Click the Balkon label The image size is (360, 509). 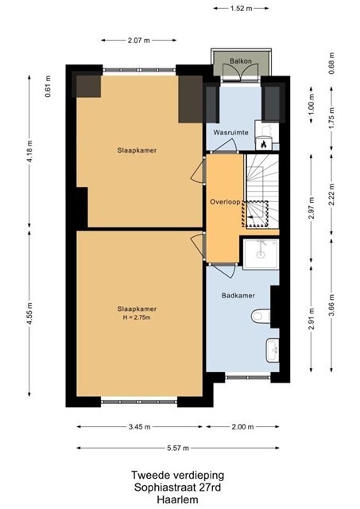pyautogui.click(x=241, y=60)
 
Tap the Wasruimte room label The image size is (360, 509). pyautogui.click(x=231, y=133)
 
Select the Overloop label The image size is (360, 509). pyautogui.click(x=225, y=202)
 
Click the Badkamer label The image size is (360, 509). pyautogui.click(x=238, y=295)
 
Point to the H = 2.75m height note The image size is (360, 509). pyautogui.click(x=137, y=317)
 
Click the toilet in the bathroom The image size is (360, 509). pyautogui.click(x=261, y=316)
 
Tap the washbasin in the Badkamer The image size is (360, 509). pyautogui.click(x=273, y=350)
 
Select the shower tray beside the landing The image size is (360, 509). pyautogui.click(x=261, y=254)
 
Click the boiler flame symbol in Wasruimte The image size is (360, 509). pyautogui.click(x=263, y=144)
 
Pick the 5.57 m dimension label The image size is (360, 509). pyautogui.click(x=178, y=448)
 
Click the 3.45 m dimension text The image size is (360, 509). pyautogui.click(x=139, y=427)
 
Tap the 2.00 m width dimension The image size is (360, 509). pyautogui.click(x=242, y=427)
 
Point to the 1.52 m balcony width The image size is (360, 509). pyautogui.click(x=241, y=9)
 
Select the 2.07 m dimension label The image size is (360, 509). pyautogui.click(x=139, y=41)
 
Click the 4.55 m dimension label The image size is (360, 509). pyautogui.click(x=29, y=313)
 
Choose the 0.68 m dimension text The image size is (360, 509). pyautogui.click(x=331, y=64)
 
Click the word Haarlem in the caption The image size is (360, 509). pyautogui.click(x=177, y=499)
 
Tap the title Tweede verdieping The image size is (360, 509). pyautogui.click(x=177, y=476)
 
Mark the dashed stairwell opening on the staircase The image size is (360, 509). pyautogui.click(x=255, y=214)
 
